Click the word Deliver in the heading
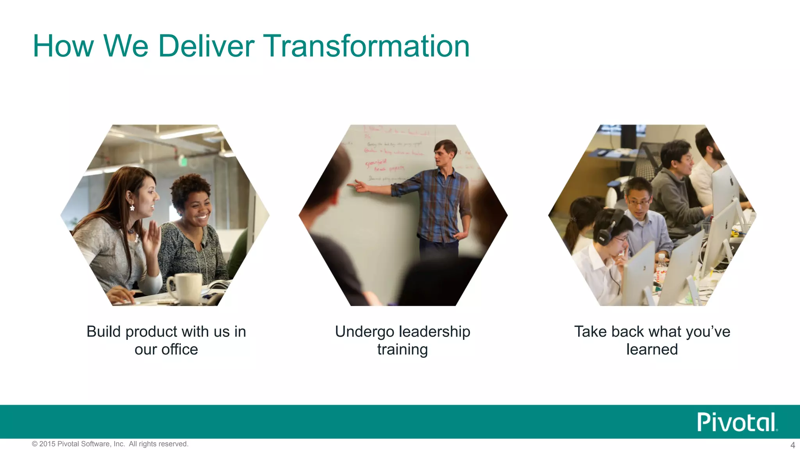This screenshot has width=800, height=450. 206,46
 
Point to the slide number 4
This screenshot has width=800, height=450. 793,445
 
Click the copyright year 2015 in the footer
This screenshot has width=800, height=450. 47,444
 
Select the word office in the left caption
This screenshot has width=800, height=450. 180,349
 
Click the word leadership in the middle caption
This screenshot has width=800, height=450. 434,332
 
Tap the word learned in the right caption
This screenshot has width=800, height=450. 652,349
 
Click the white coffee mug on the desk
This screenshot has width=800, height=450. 185,288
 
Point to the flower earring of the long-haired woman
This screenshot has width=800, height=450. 132,208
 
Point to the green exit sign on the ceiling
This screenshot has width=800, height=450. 182,161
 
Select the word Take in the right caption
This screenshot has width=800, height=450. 590,332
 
